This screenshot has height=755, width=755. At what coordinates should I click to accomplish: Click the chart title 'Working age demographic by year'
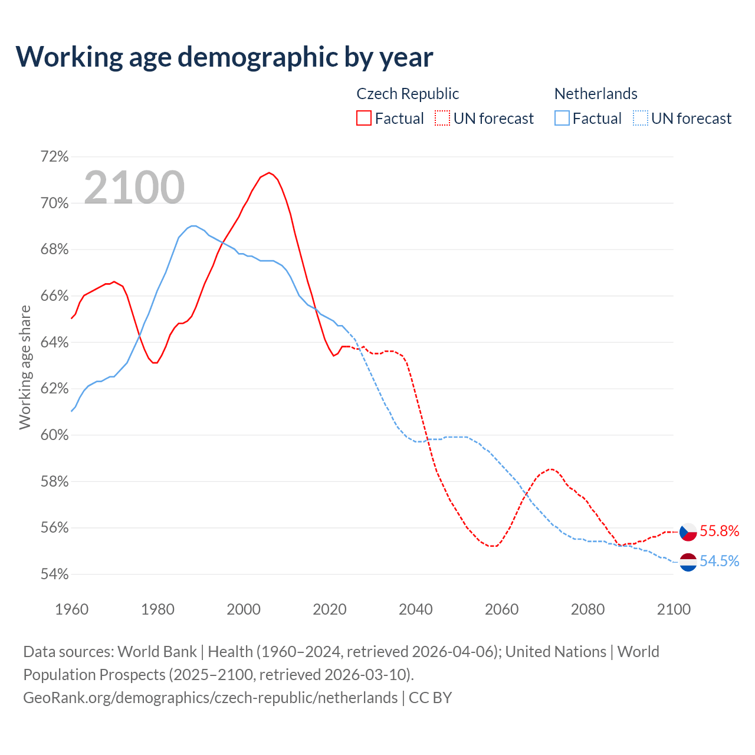[224, 57]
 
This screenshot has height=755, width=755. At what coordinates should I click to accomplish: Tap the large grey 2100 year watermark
[134, 188]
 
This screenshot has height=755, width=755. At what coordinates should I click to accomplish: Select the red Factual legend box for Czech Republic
[364, 118]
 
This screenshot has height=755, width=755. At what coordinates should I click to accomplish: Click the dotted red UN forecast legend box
[442, 118]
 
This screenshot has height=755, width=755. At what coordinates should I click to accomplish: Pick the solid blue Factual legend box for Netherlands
[562, 118]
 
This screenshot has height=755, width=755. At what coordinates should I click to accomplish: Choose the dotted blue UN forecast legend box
[641, 118]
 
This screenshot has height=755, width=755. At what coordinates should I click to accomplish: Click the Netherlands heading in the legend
[596, 94]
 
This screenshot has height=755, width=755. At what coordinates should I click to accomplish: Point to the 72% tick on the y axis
[54, 157]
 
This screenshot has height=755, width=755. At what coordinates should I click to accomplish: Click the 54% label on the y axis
[54, 574]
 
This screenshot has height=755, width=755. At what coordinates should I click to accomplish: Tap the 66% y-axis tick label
[54, 296]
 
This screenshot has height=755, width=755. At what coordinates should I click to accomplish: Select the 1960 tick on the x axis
[71, 609]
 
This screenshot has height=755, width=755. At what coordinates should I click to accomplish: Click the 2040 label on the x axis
[415, 609]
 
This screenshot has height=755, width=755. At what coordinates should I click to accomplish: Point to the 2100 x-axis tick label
[674, 609]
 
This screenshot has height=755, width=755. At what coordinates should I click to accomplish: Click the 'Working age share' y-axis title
[25, 367]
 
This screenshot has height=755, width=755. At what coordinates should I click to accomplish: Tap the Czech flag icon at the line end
[688, 531]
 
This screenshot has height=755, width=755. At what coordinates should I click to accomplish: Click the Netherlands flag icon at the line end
[688, 562]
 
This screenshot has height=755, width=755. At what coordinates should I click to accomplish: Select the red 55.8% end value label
[719, 531]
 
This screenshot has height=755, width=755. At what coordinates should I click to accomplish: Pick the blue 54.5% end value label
[719, 561]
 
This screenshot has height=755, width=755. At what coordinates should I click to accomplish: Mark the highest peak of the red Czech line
[269, 173]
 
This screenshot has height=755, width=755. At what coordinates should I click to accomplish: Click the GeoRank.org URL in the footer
[210, 697]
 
